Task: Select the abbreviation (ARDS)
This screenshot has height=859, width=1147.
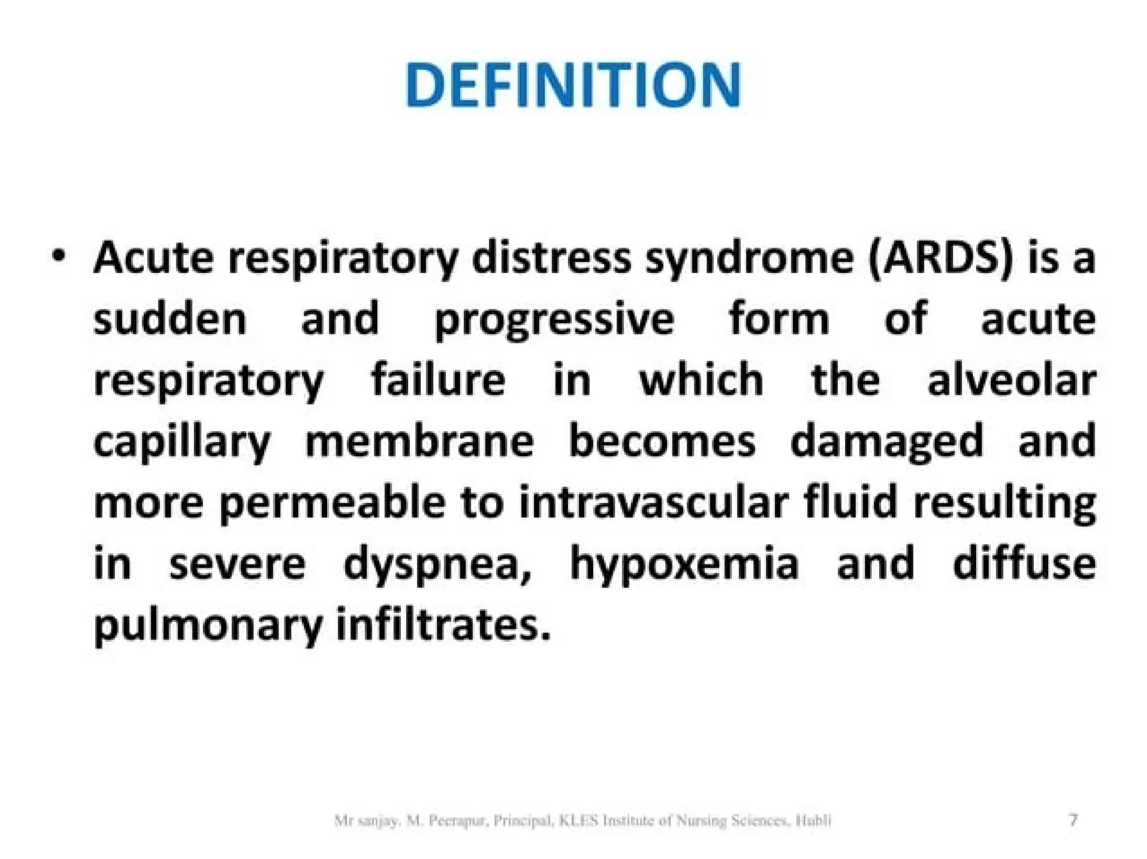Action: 941,259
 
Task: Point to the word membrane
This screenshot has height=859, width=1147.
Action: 419,441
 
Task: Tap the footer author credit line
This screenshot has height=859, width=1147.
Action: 582,821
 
